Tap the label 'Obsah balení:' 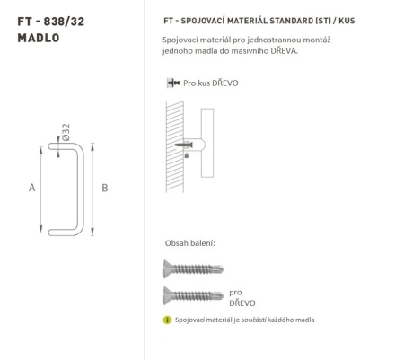(x=189, y=243)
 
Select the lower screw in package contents (x=193, y=294)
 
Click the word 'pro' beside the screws (x=236, y=292)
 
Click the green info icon (x=167, y=320)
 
